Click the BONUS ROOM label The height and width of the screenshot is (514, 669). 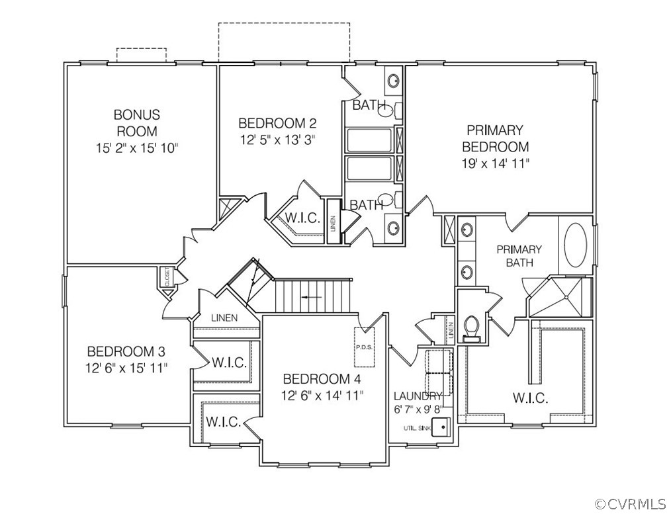136,123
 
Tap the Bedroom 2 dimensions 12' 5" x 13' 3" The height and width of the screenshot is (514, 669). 277,140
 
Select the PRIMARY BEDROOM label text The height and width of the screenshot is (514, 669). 495,138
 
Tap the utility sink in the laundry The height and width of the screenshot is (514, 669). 440,427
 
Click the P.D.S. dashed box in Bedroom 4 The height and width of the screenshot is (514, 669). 365,346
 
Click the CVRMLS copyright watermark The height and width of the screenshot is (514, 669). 629,504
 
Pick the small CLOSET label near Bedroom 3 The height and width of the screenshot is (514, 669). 167,277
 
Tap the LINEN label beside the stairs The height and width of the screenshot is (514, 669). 224,318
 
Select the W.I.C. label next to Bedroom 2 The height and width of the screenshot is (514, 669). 302,218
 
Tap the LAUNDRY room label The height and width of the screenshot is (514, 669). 417,396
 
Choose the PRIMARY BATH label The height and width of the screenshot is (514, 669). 519,256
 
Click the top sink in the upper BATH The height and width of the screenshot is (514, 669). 393,81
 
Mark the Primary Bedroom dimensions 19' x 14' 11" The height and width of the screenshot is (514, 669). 495,163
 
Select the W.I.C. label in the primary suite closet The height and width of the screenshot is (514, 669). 529,398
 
